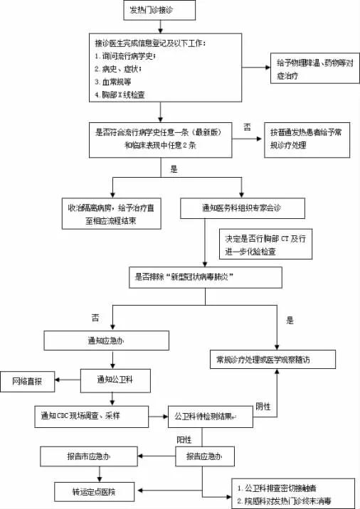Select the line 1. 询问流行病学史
click(125, 56)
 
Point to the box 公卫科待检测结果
click(211, 414)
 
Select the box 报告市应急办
click(88, 455)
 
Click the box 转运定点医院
click(97, 491)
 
